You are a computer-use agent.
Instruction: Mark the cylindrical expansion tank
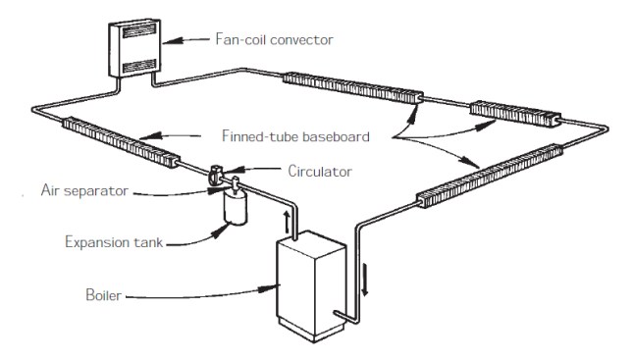click(234, 209)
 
